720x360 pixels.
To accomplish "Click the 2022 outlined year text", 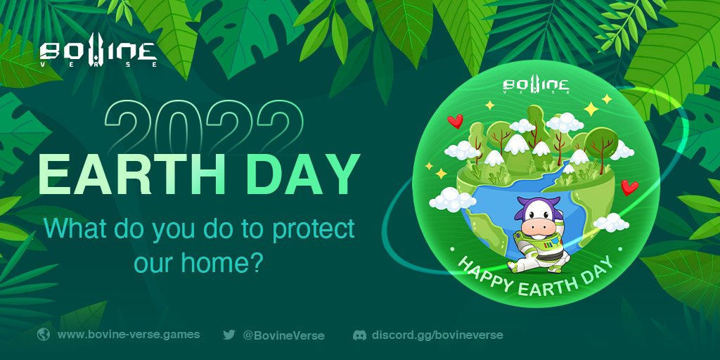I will coord(205,125).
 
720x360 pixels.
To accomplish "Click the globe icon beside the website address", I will coord(44,335).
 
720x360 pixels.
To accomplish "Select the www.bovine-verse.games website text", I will coord(129,335).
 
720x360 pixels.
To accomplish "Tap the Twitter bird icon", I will coord(229,335).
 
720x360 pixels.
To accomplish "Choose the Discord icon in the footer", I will coord(359,335).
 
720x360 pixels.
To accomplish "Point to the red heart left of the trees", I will coord(455,122).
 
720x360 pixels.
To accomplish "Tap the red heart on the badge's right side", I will coord(629,186).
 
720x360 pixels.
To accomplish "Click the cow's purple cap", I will coord(534,205).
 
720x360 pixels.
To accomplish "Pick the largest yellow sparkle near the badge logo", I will coord(591,109).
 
